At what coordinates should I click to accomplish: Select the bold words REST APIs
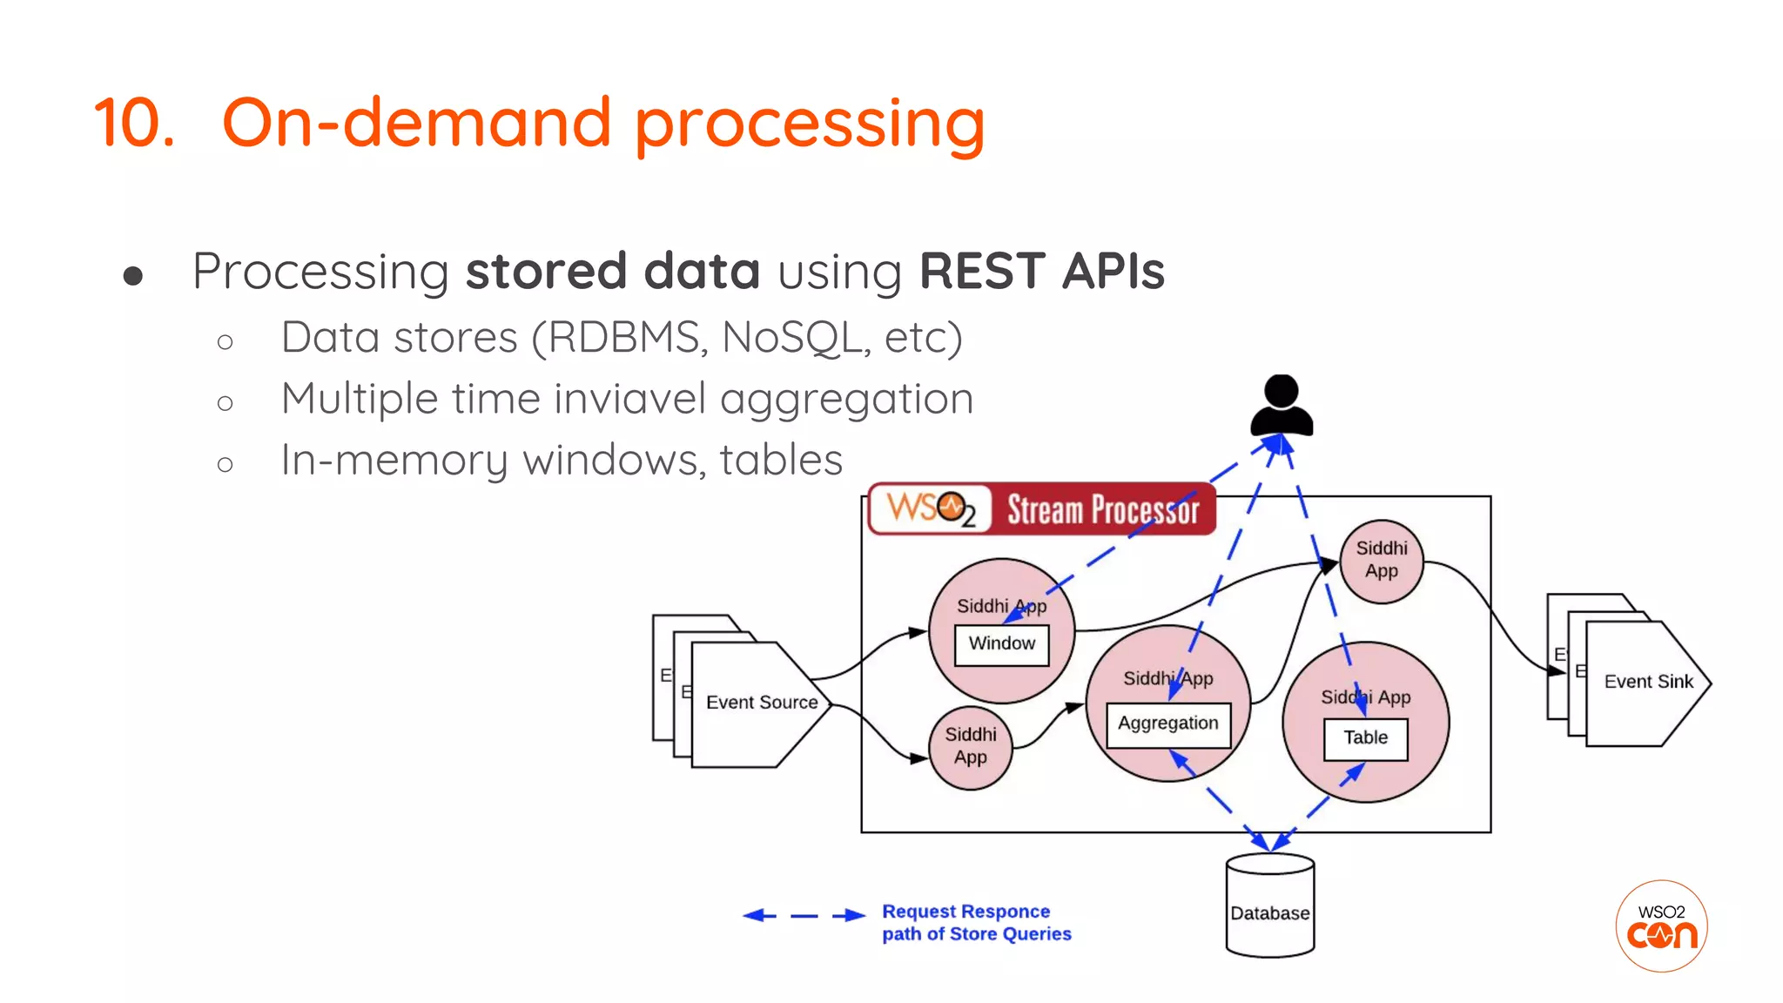(1041, 271)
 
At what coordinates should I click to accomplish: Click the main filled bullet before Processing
(133, 277)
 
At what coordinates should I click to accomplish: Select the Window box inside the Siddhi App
(1001, 644)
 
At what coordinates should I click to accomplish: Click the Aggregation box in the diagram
(1167, 724)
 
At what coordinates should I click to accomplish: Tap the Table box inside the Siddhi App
(1364, 738)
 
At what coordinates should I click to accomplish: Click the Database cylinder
(1269, 906)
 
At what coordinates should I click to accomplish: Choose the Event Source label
(761, 703)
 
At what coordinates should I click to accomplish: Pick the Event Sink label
(1647, 682)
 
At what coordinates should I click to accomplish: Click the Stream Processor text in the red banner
(1102, 510)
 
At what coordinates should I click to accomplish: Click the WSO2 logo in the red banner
(930, 508)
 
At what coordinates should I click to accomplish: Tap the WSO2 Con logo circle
(1660, 926)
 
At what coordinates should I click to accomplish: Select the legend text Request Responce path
(975, 923)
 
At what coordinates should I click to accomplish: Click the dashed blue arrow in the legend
(803, 915)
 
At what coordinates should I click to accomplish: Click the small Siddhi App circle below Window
(970, 747)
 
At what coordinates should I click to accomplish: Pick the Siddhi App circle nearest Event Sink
(1381, 561)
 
